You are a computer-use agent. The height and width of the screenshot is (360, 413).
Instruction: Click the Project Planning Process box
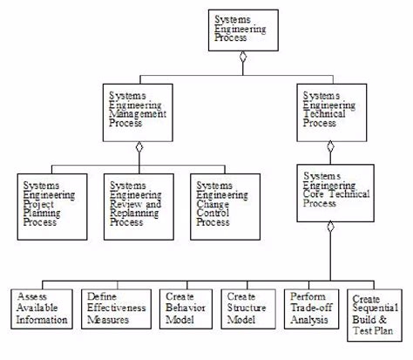pyautogui.click(x=52, y=206)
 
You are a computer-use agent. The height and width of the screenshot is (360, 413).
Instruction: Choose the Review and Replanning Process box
pyautogui.click(x=139, y=206)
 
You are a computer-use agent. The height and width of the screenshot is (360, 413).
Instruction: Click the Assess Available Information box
pyautogui.click(x=41, y=309)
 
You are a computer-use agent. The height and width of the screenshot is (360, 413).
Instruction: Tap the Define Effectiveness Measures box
pyautogui.click(x=112, y=309)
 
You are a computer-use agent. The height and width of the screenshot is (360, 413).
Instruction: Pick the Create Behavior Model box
pyautogui.click(x=184, y=309)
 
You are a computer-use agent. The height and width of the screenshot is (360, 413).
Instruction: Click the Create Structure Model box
pyautogui.click(x=247, y=309)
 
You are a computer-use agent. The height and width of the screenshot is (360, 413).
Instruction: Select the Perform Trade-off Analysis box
pyautogui.click(x=310, y=309)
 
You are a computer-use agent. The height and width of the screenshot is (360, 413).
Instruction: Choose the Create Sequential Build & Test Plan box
pyautogui.click(x=372, y=315)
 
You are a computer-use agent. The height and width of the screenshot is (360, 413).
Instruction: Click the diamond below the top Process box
pyautogui.click(x=245, y=58)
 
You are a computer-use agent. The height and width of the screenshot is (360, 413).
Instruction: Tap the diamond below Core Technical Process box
pyautogui.click(x=330, y=227)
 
